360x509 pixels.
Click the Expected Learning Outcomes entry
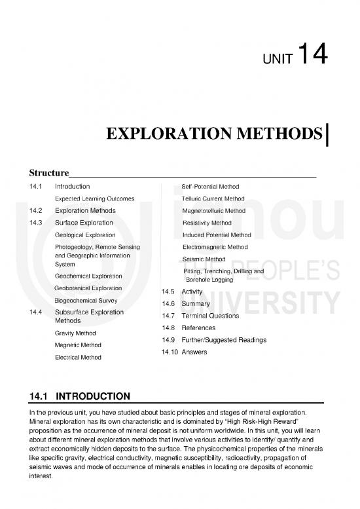95,198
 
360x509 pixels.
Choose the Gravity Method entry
75,333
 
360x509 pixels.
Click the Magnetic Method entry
77,345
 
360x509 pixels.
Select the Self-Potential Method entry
210,187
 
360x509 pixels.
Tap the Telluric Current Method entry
213,198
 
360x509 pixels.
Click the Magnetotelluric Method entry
214,211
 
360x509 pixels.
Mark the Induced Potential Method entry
217,235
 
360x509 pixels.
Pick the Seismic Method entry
204,259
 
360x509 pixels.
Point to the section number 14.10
168,352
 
